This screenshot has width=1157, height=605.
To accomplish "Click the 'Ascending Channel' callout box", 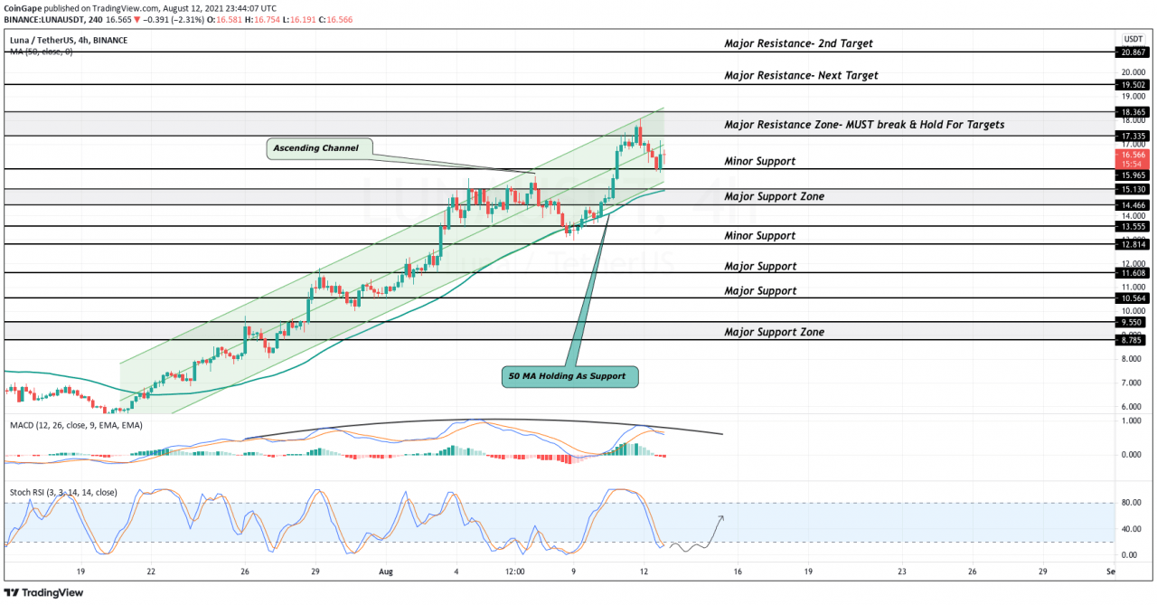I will pos(315,147).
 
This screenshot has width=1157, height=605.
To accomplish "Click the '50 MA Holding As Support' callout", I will pos(569,375).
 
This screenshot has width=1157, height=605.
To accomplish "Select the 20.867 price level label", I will pos(1133,53).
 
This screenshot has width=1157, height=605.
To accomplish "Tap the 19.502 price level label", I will pos(1133,84).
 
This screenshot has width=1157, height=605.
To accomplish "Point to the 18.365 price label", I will pos(1133,112).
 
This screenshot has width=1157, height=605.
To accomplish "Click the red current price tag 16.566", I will pos(1133,155).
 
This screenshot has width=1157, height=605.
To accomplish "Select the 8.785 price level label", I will pos(1133,340).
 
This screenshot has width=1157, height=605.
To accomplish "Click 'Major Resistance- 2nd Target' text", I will pos(798,43).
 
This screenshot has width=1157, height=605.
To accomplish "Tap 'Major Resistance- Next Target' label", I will pos(801,76).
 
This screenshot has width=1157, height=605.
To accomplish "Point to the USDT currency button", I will pos(1133,39).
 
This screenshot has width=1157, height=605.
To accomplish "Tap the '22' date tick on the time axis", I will pos(151,572).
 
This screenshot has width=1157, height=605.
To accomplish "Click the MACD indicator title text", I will pos(78,424).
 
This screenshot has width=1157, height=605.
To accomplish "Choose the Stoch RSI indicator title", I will pos(63,493).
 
